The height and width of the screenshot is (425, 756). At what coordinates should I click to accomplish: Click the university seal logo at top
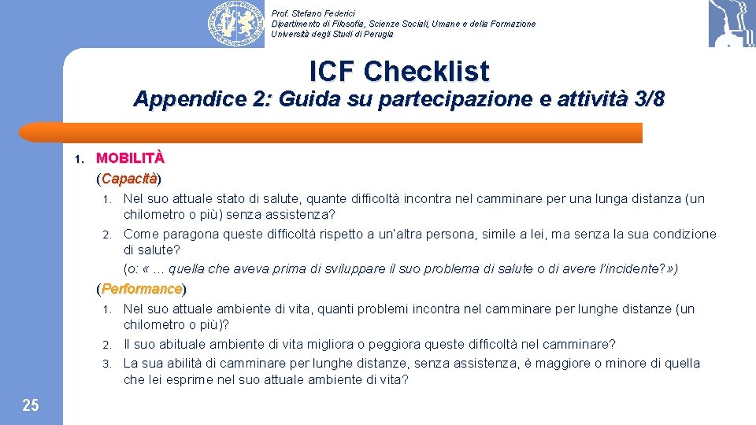coord(235,24)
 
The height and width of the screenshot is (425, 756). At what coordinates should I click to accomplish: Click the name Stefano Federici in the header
coord(324,13)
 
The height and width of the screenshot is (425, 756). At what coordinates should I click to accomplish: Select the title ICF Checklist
coord(399,71)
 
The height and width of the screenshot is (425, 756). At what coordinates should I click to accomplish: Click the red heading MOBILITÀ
coord(130,158)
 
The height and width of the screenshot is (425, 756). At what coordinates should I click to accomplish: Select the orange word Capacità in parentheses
coord(129,178)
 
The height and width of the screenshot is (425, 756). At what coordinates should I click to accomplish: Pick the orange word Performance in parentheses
coord(141,289)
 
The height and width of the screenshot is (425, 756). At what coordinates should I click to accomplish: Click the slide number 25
coord(30,405)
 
